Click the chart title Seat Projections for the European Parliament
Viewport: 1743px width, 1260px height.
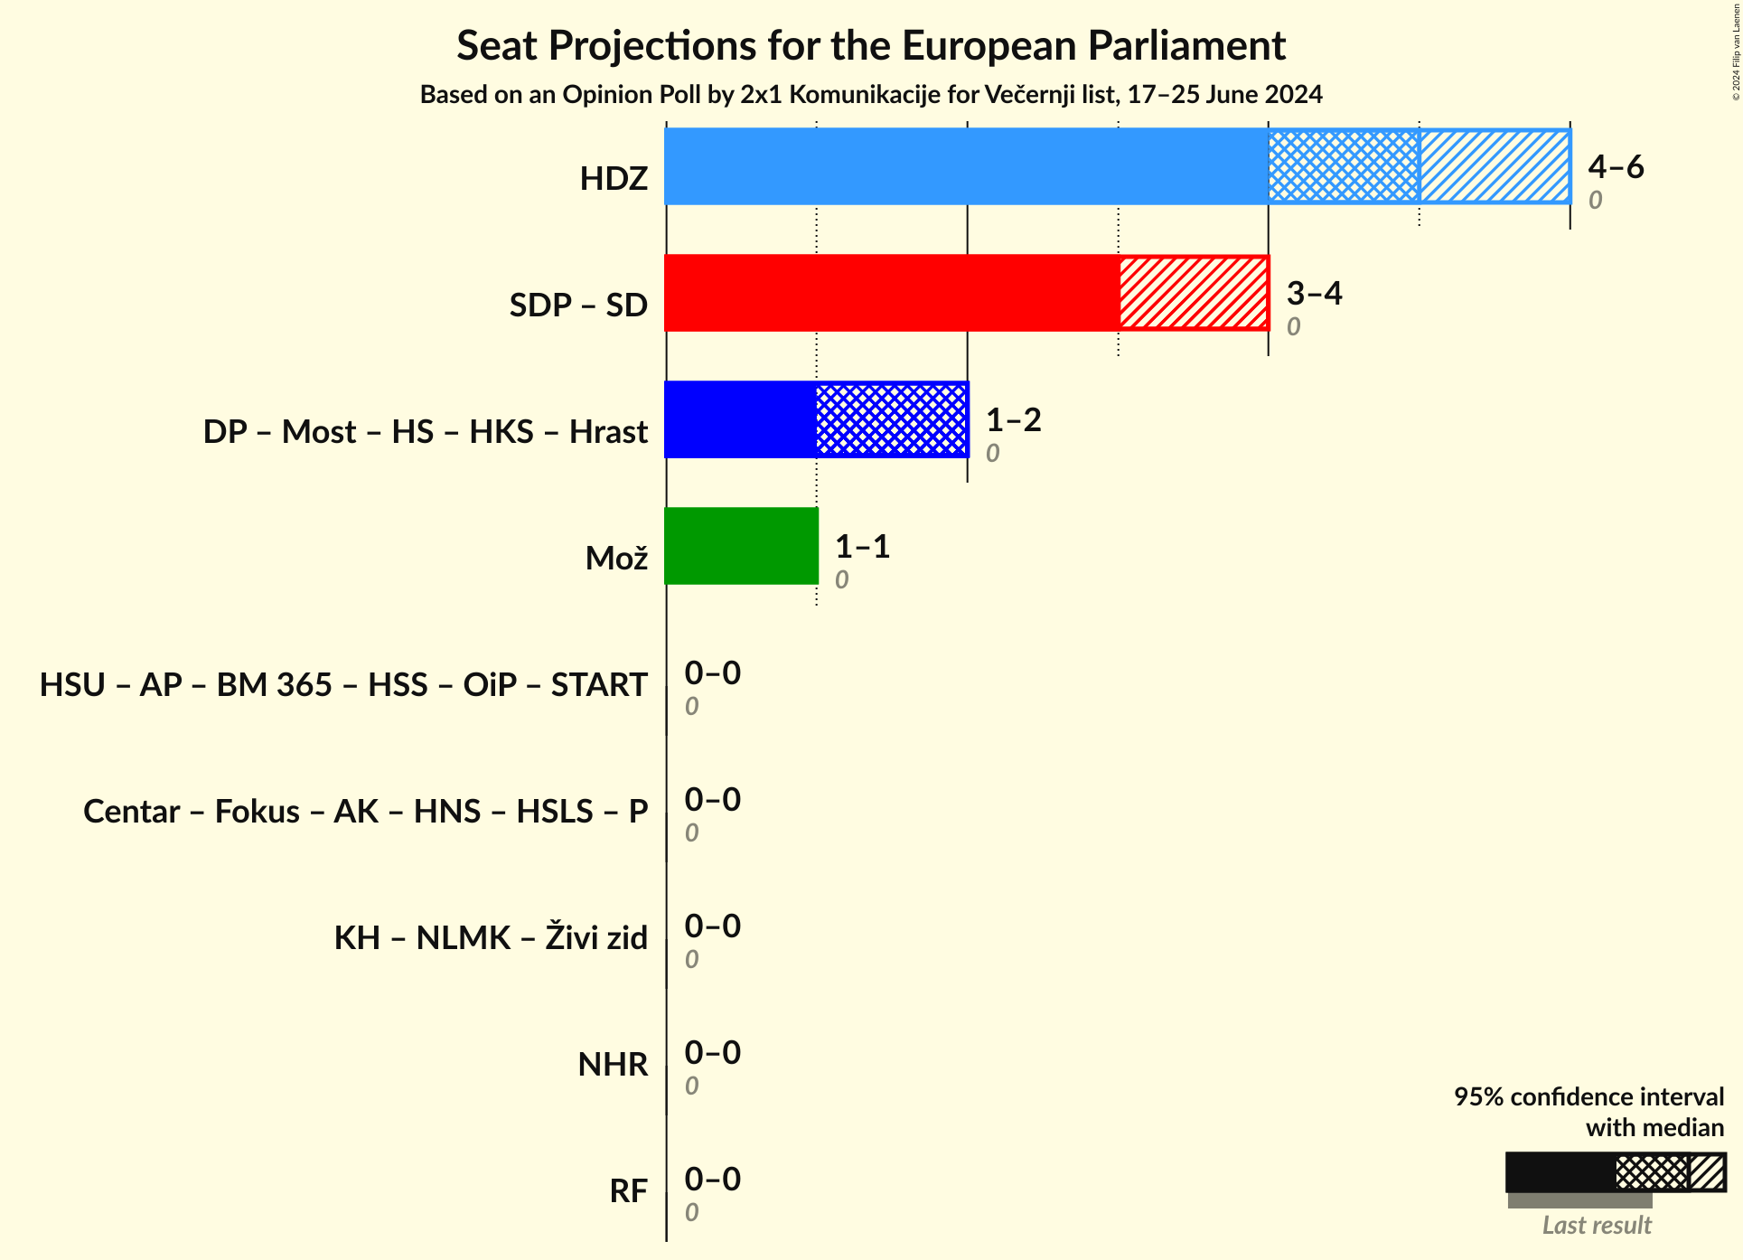tap(870, 46)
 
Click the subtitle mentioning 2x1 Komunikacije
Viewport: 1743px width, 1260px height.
tap(870, 95)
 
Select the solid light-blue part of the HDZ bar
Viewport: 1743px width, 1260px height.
tap(966, 166)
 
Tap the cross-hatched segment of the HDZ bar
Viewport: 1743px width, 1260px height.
tap(1343, 166)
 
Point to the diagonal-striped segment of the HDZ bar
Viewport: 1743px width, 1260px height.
tap(1494, 166)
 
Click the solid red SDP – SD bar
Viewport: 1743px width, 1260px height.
tap(892, 293)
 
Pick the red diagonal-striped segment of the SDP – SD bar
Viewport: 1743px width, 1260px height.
tap(1194, 293)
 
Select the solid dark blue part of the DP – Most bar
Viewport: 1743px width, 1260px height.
tap(741, 419)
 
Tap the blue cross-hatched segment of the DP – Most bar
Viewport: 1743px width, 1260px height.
tap(892, 419)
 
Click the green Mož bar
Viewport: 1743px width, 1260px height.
tap(741, 546)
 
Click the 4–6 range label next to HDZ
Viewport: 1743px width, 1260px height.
tap(1616, 166)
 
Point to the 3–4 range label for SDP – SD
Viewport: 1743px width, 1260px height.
tap(1314, 293)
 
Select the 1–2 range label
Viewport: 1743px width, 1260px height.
tap(1013, 419)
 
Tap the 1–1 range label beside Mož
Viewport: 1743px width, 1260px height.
tap(862, 546)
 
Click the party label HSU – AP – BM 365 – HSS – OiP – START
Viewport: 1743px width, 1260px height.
tap(343, 685)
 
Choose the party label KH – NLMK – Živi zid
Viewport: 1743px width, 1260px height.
tap(491, 938)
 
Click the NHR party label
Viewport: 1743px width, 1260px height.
tap(613, 1065)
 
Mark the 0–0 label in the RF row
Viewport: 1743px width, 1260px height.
tap(712, 1179)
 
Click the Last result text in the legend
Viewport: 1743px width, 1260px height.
tap(1596, 1226)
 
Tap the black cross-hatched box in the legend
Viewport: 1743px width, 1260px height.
tap(1651, 1172)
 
